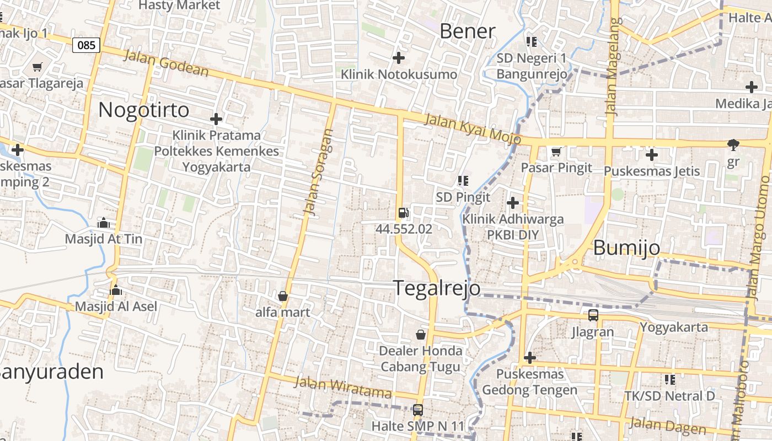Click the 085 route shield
86,45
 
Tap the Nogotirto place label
143,110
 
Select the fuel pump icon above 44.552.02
404,213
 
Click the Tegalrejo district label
436,288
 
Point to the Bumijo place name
626,248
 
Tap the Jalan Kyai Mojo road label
473,129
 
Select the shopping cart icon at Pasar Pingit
556,152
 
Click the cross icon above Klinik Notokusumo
398,57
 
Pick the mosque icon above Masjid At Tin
103,223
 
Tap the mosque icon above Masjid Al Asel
116,290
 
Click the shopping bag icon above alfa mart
283,296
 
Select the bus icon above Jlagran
593,315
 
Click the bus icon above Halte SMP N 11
418,410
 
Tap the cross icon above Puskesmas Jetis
652,155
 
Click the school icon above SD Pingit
463,180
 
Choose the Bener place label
468,31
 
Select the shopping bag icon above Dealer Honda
421,335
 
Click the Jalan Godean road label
166,63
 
